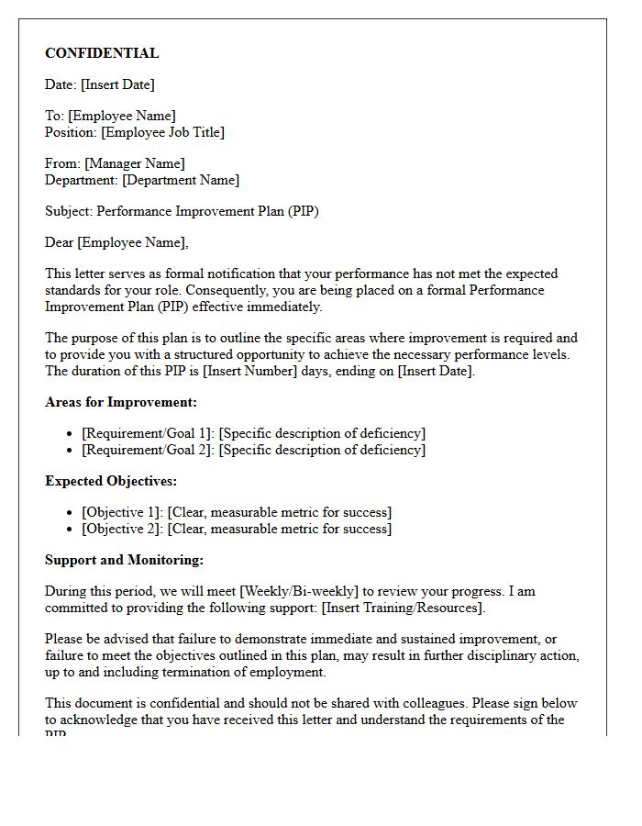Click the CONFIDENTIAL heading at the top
click(102, 53)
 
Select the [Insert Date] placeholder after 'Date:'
click(117, 84)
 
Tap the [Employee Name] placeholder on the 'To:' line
click(122, 116)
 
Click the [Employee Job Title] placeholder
click(162, 132)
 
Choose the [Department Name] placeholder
click(181, 180)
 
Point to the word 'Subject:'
click(69, 211)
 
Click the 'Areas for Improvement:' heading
click(121, 402)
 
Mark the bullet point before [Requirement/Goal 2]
click(72, 451)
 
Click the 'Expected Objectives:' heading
click(111, 481)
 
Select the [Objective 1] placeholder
click(123, 512)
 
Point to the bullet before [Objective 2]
click(72, 530)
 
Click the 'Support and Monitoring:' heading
click(124, 560)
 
